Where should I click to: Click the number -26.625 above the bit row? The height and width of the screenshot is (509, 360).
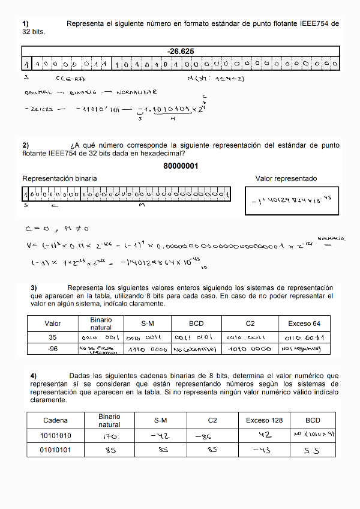[x=181, y=52]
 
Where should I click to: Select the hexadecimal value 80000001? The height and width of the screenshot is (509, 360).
[x=181, y=166]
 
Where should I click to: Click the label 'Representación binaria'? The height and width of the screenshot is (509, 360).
[x=59, y=179]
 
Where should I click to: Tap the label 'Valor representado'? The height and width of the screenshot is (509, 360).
[x=286, y=179]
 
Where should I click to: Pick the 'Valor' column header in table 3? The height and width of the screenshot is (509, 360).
[x=53, y=324]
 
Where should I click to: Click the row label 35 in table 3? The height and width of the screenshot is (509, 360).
[x=53, y=337]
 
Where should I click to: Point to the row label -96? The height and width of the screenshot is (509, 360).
[x=53, y=349]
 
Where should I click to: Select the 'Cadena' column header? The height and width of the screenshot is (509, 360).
[x=55, y=420]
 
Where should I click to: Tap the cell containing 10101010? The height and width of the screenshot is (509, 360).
[x=55, y=435]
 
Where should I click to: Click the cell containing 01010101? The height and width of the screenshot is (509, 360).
[x=55, y=450]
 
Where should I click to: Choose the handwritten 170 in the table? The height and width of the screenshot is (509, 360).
[x=109, y=436]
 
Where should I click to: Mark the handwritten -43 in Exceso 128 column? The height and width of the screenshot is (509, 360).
[x=263, y=450]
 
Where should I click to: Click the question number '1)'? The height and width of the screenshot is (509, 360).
[x=26, y=24]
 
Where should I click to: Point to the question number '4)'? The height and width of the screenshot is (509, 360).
[x=34, y=376]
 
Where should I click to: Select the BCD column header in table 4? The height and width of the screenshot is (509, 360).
[x=313, y=420]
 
